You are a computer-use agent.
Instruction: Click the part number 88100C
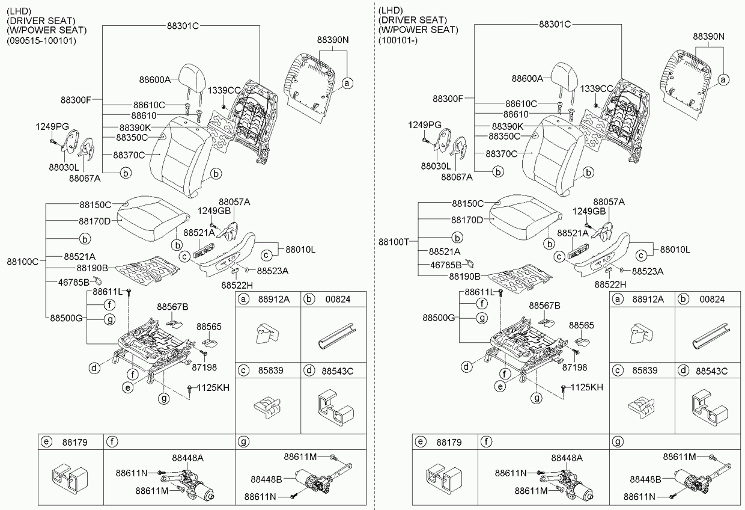(x=23, y=262)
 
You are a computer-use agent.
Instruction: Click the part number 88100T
(x=394, y=241)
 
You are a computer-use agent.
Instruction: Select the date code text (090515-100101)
(x=42, y=40)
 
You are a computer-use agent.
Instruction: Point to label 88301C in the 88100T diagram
(x=554, y=24)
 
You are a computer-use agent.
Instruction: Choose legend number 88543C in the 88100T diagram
(x=711, y=371)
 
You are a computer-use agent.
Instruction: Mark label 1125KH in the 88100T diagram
(x=586, y=387)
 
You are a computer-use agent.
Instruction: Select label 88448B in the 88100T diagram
(x=645, y=479)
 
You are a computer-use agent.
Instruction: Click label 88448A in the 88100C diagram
(x=187, y=458)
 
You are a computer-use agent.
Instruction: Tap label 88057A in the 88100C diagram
(x=234, y=202)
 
